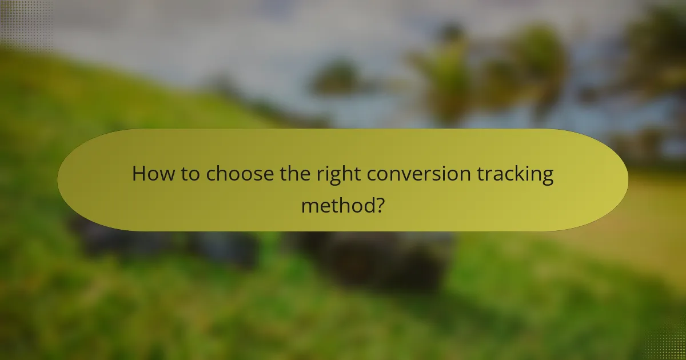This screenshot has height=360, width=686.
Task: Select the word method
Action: coord(337,204)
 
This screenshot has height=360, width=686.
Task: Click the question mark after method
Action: coord(378,204)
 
